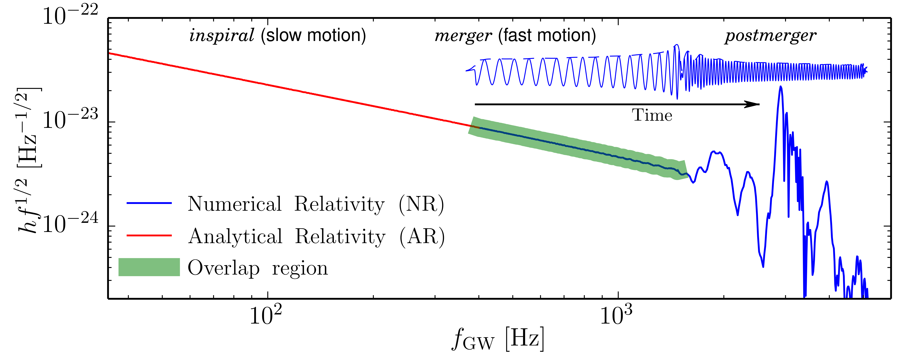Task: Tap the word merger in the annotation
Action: (x=463, y=36)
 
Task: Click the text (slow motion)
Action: (x=313, y=36)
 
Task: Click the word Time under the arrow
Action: (x=652, y=115)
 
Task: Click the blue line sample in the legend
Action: (x=149, y=203)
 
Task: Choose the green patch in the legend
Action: (x=149, y=267)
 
